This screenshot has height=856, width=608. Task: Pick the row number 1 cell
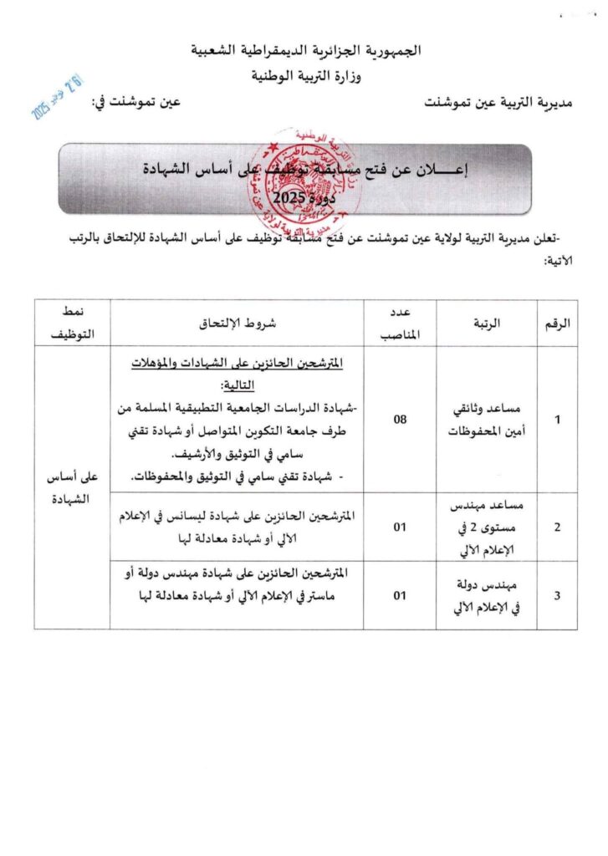(557, 419)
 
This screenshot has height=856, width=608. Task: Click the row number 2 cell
(557, 527)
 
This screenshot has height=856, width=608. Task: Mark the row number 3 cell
(557, 595)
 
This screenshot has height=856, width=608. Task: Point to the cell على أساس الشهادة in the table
(73, 487)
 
